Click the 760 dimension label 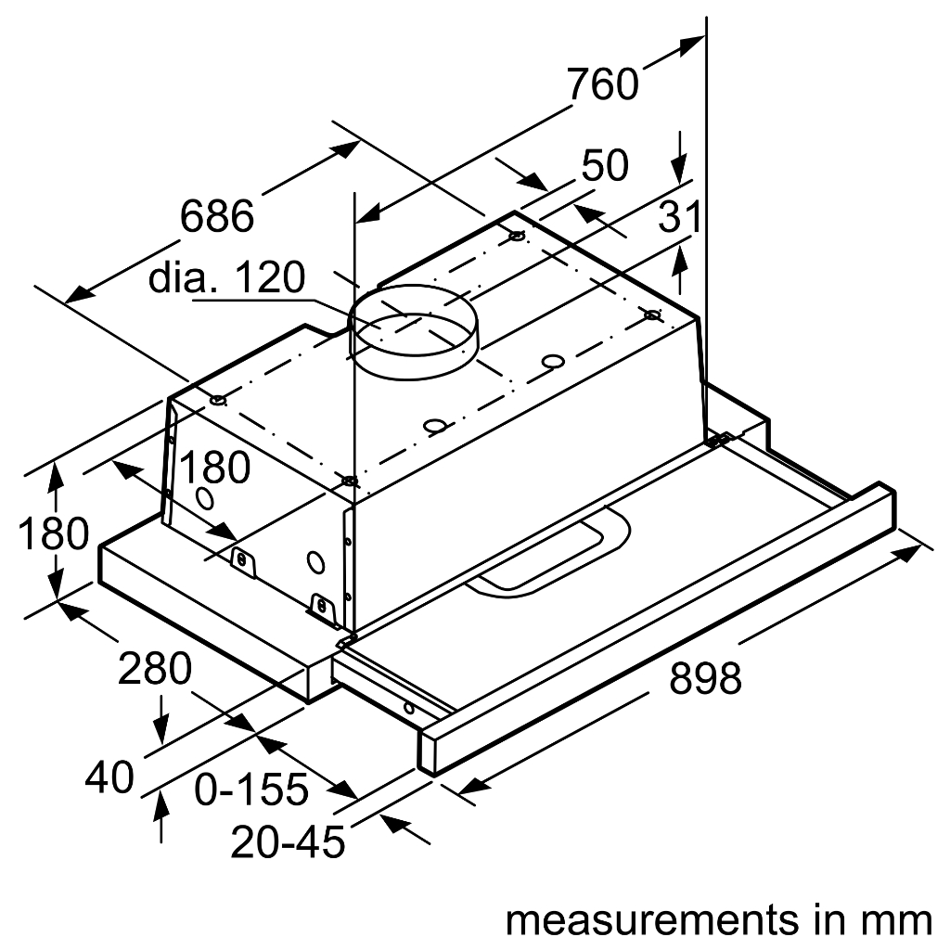[603, 84]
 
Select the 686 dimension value [216, 217]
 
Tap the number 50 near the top [605, 166]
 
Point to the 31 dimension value [679, 218]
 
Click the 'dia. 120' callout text [227, 277]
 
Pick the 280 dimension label [155, 668]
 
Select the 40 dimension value [109, 777]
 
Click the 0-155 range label [250, 790]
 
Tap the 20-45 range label [289, 841]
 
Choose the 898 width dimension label [705, 679]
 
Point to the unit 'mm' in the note [896, 920]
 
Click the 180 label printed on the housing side [214, 469]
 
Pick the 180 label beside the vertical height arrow [53, 534]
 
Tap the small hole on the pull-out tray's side [408, 709]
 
